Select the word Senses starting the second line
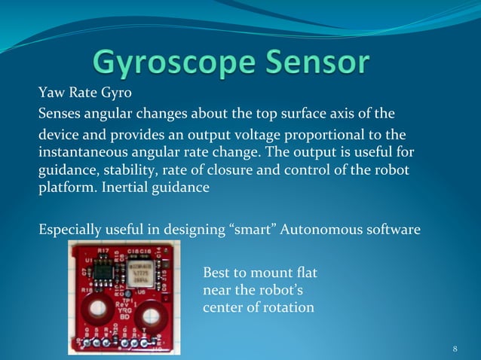[60, 114]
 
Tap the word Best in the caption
[216, 273]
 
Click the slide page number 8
[455, 349]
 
